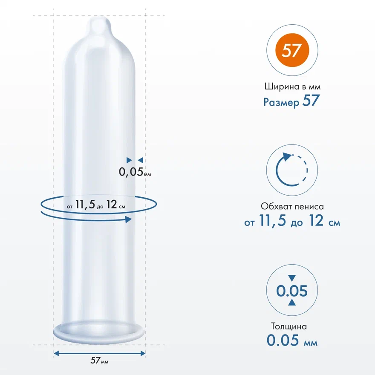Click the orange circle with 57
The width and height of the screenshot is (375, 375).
click(x=292, y=50)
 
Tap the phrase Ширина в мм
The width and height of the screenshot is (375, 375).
click(x=292, y=87)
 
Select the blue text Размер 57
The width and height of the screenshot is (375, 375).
click(x=291, y=101)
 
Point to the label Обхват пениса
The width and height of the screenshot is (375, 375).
click(x=292, y=206)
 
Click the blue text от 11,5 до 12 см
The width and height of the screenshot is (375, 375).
click(x=292, y=220)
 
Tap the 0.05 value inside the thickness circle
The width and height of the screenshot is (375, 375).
click(x=292, y=291)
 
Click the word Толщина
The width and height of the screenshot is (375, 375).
click(x=288, y=326)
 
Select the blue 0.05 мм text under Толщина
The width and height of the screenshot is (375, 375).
click(x=292, y=340)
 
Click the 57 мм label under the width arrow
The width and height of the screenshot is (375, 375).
click(x=99, y=360)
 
